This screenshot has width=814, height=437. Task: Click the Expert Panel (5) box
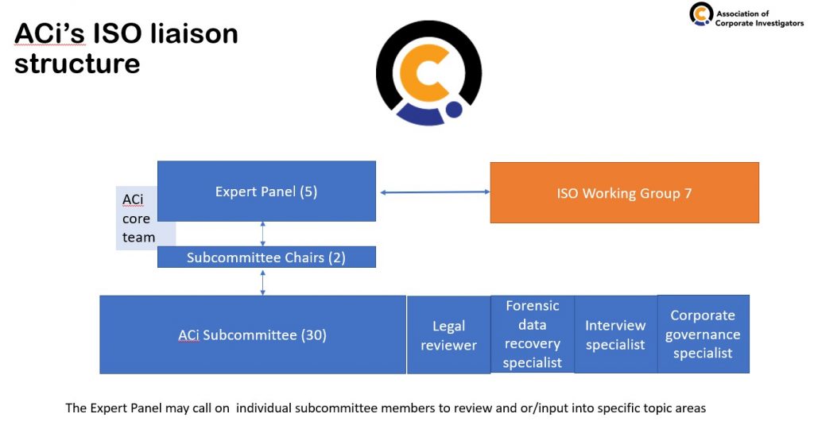(x=266, y=191)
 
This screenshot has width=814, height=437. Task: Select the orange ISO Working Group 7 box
(x=625, y=192)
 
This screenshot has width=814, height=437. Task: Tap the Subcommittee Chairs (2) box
(x=266, y=257)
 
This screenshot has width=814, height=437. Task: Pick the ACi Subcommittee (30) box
(x=253, y=335)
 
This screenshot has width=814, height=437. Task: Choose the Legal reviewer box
(x=448, y=335)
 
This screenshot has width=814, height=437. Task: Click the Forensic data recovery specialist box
(x=533, y=335)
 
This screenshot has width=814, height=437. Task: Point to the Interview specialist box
(x=616, y=335)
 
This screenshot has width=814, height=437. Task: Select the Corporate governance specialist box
(x=704, y=335)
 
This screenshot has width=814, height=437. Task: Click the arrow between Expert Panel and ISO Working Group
(x=435, y=192)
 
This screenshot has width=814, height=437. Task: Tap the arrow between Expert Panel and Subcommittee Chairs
(x=262, y=234)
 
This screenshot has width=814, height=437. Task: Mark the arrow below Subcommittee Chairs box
(x=262, y=282)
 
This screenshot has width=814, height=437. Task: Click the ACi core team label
(x=138, y=218)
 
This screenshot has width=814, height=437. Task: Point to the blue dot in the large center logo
(x=454, y=110)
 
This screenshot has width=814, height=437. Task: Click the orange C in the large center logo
(x=421, y=72)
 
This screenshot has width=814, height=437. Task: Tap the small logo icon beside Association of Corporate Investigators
(x=701, y=14)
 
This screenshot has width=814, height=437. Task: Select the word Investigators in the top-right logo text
(x=775, y=23)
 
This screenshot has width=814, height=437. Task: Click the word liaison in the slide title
(x=194, y=33)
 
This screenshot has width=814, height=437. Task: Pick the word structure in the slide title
(x=77, y=64)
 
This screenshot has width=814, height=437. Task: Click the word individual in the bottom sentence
(x=264, y=408)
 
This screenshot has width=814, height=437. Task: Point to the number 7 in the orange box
(x=688, y=193)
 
